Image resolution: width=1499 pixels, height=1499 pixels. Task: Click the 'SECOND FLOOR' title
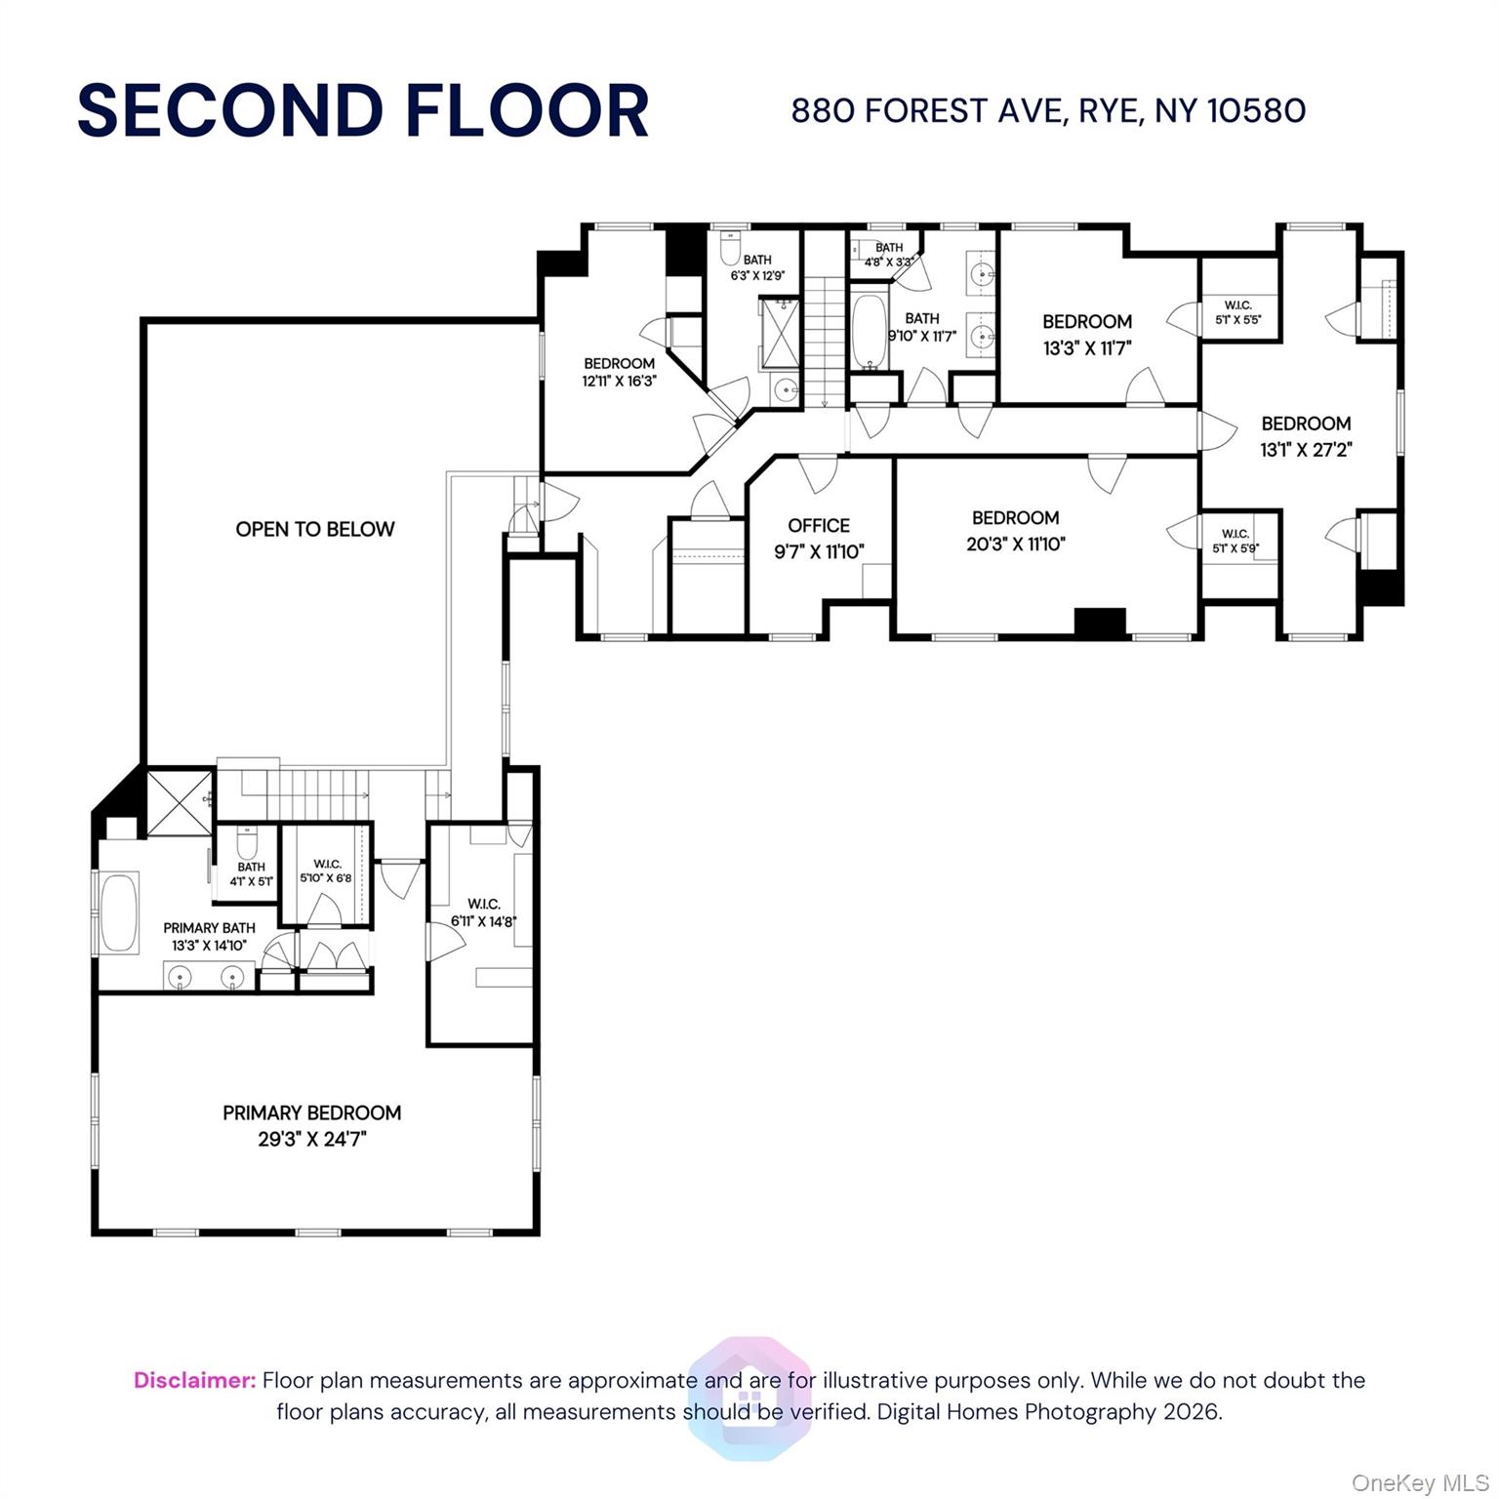pyautogui.click(x=363, y=110)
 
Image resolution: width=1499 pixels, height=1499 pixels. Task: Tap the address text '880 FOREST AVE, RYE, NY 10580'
pyautogui.click(x=1048, y=111)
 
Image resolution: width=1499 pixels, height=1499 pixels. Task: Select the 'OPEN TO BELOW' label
pyautogui.click(x=315, y=529)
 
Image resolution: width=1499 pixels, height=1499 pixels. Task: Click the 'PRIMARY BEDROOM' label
pyautogui.click(x=311, y=1113)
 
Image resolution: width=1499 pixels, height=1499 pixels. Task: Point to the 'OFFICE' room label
pyautogui.click(x=819, y=525)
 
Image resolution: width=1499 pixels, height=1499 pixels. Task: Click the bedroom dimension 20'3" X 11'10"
pyautogui.click(x=1015, y=545)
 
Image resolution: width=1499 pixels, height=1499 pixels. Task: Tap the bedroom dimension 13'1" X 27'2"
pyautogui.click(x=1306, y=450)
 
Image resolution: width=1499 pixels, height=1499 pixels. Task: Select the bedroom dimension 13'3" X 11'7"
pyautogui.click(x=1087, y=348)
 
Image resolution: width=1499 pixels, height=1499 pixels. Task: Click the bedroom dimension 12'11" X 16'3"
pyautogui.click(x=619, y=382)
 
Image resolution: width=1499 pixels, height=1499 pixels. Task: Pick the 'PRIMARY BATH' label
pyautogui.click(x=209, y=928)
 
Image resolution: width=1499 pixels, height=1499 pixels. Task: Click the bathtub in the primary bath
pyautogui.click(x=120, y=912)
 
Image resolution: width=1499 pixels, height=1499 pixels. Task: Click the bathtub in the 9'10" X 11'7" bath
pyautogui.click(x=869, y=331)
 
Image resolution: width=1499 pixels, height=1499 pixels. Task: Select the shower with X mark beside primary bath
pyautogui.click(x=179, y=801)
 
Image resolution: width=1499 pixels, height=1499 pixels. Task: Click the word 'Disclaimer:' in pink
pyautogui.click(x=195, y=1380)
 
